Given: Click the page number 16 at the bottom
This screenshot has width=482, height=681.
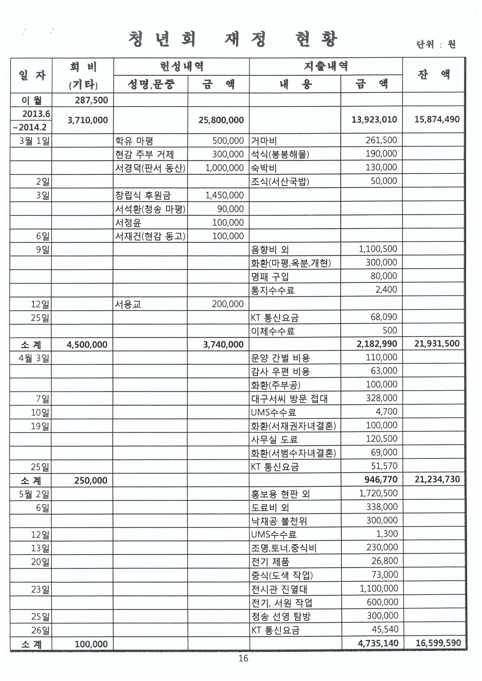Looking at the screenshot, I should pyautogui.click(x=243, y=658).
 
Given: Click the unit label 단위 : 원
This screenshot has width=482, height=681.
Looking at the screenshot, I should pyautogui.click(x=436, y=45).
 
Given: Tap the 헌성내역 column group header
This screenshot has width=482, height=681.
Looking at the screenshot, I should pyautogui.click(x=181, y=66).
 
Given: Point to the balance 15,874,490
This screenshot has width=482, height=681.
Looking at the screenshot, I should pyautogui.click(x=437, y=120).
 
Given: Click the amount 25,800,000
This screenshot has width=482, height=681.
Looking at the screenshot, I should pyautogui.click(x=221, y=120).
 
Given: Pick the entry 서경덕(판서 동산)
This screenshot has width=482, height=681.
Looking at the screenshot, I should pyautogui.click(x=150, y=168).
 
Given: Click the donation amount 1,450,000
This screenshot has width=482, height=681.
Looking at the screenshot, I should pyautogui.click(x=225, y=195).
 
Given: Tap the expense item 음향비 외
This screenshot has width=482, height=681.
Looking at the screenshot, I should pyautogui.click(x=270, y=249).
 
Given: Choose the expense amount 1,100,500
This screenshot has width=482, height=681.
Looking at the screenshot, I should pyautogui.click(x=378, y=249).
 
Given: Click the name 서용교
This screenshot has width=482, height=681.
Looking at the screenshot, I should pyautogui.click(x=128, y=304).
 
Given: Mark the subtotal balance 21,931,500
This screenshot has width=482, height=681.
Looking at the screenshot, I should pyautogui.click(x=437, y=344).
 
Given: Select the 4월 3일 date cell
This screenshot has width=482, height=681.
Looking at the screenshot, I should pyautogui.click(x=34, y=358).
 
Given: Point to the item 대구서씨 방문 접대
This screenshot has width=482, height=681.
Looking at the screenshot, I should pyautogui.click(x=289, y=399).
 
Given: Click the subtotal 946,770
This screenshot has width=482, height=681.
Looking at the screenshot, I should pyautogui.click(x=381, y=480).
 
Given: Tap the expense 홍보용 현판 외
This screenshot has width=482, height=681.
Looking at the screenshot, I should pyautogui.click(x=281, y=494).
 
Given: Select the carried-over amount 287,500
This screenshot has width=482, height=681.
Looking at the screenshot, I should pyautogui.click(x=91, y=100).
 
